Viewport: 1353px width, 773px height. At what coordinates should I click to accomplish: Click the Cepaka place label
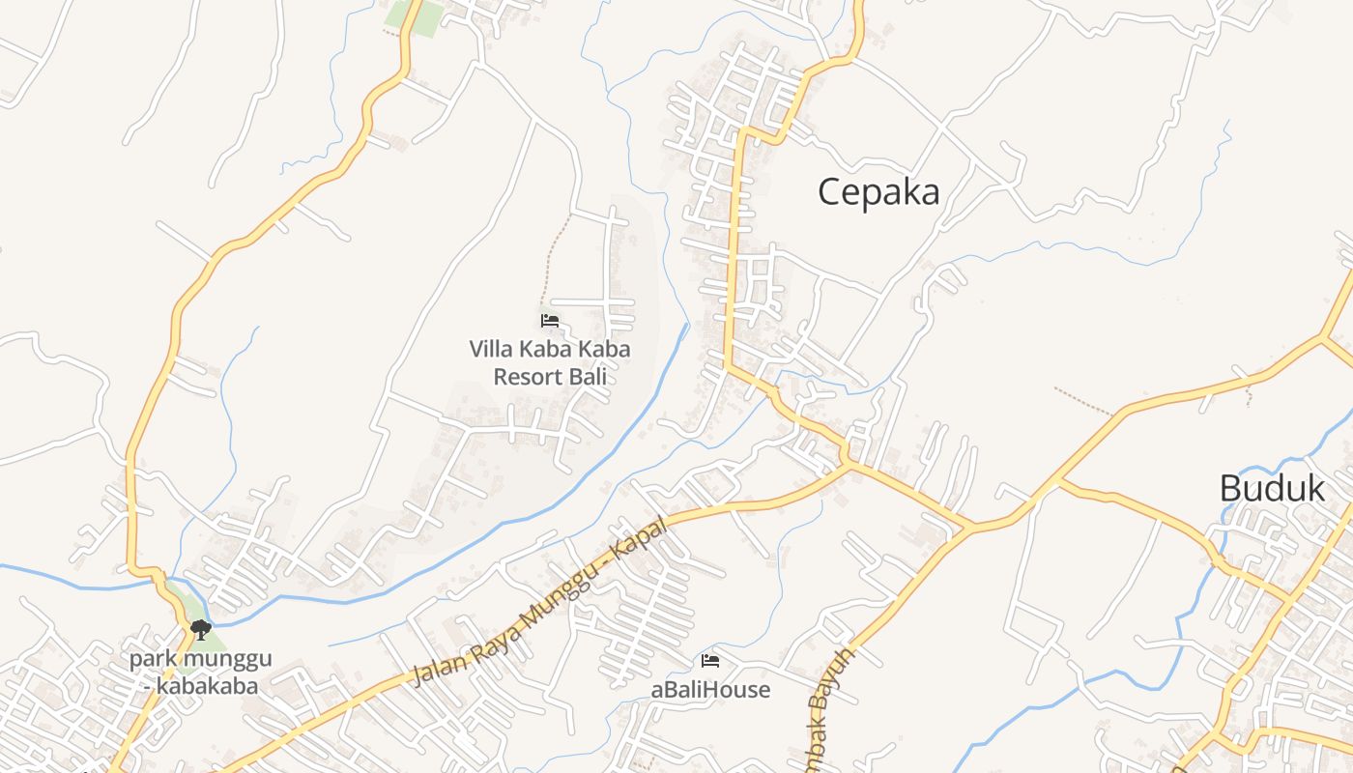(878, 192)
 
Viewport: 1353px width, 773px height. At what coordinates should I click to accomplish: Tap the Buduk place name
(1271, 489)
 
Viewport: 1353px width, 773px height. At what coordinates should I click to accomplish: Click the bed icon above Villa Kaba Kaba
(550, 320)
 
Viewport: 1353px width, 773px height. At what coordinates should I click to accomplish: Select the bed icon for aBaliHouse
(710, 661)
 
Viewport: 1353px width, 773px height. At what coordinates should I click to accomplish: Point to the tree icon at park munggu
(201, 630)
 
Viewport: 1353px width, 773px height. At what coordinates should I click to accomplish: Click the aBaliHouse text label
(710, 690)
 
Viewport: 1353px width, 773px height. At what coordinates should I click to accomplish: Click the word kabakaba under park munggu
(208, 686)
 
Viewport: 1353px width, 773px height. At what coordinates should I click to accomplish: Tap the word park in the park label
(150, 660)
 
